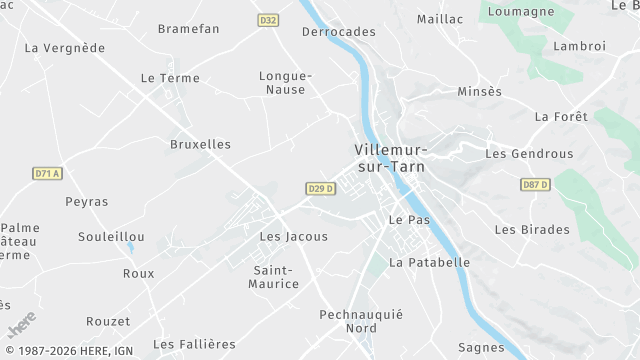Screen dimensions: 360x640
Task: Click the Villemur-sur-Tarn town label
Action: [389, 158]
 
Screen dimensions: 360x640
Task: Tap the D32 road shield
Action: [268, 20]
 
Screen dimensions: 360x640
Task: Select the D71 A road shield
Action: [47, 173]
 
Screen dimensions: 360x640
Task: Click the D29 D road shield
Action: [319, 188]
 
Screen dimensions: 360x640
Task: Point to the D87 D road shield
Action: [536, 185]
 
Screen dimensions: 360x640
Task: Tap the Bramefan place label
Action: [188, 29]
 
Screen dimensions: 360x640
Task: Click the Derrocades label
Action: [339, 32]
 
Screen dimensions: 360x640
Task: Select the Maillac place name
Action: [440, 19]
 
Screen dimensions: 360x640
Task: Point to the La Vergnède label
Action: [64, 47]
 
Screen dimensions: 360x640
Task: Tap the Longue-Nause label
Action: [286, 82]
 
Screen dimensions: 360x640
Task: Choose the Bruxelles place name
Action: [200, 144]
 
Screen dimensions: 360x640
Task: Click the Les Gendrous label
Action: [529, 154]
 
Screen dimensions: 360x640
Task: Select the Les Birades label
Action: [531, 229]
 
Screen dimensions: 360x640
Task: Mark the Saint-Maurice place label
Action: [275, 277]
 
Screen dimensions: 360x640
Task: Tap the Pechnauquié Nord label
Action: [360, 321]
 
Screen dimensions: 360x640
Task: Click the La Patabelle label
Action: [429, 263]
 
